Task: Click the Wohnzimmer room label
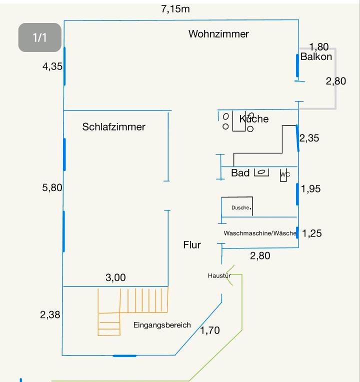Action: click(x=218, y=34)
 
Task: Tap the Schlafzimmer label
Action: click(x=113, y=127)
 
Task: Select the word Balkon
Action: click(x=316, y=57)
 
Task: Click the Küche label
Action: click(x=254, y=119)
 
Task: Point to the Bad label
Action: click(x=240, y=173)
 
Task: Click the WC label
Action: click(x=284, y=174)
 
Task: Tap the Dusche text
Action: click(x=240, y=207)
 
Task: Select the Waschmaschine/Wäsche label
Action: click(x=260, y=233)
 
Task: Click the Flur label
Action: click(x=192, y=245)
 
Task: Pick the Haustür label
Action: click(x=219, y=276)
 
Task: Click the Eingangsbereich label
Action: click(x=162, y=325)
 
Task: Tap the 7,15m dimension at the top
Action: click(x=175, y=9)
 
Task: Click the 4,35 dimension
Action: click(x=52, y=66)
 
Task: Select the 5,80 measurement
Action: click(x=52, y=188)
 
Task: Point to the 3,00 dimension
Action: click(x=115, y=278)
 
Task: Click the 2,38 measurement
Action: click(x=50, y=315)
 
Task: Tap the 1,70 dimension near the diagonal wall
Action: click(x=210, y=330)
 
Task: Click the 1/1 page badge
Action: click(x=39, y=37)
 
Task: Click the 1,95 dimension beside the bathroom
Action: click(x=311, y=189)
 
